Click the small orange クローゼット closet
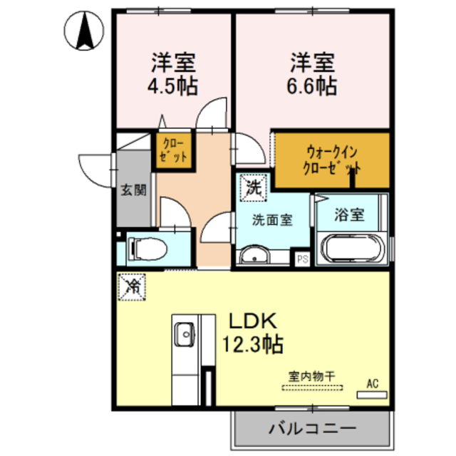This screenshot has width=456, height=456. click(173, 150)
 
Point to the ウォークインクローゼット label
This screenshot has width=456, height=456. click(332, 161)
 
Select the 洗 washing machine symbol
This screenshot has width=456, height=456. click(254, 188)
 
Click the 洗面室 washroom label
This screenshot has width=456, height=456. click(271, 220)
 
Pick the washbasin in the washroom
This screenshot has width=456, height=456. click(253, 255)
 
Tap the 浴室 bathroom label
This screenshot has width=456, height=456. click(351, 214)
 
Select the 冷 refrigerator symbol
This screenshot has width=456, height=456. click(133, 286)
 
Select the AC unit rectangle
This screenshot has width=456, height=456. click(371, 394)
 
